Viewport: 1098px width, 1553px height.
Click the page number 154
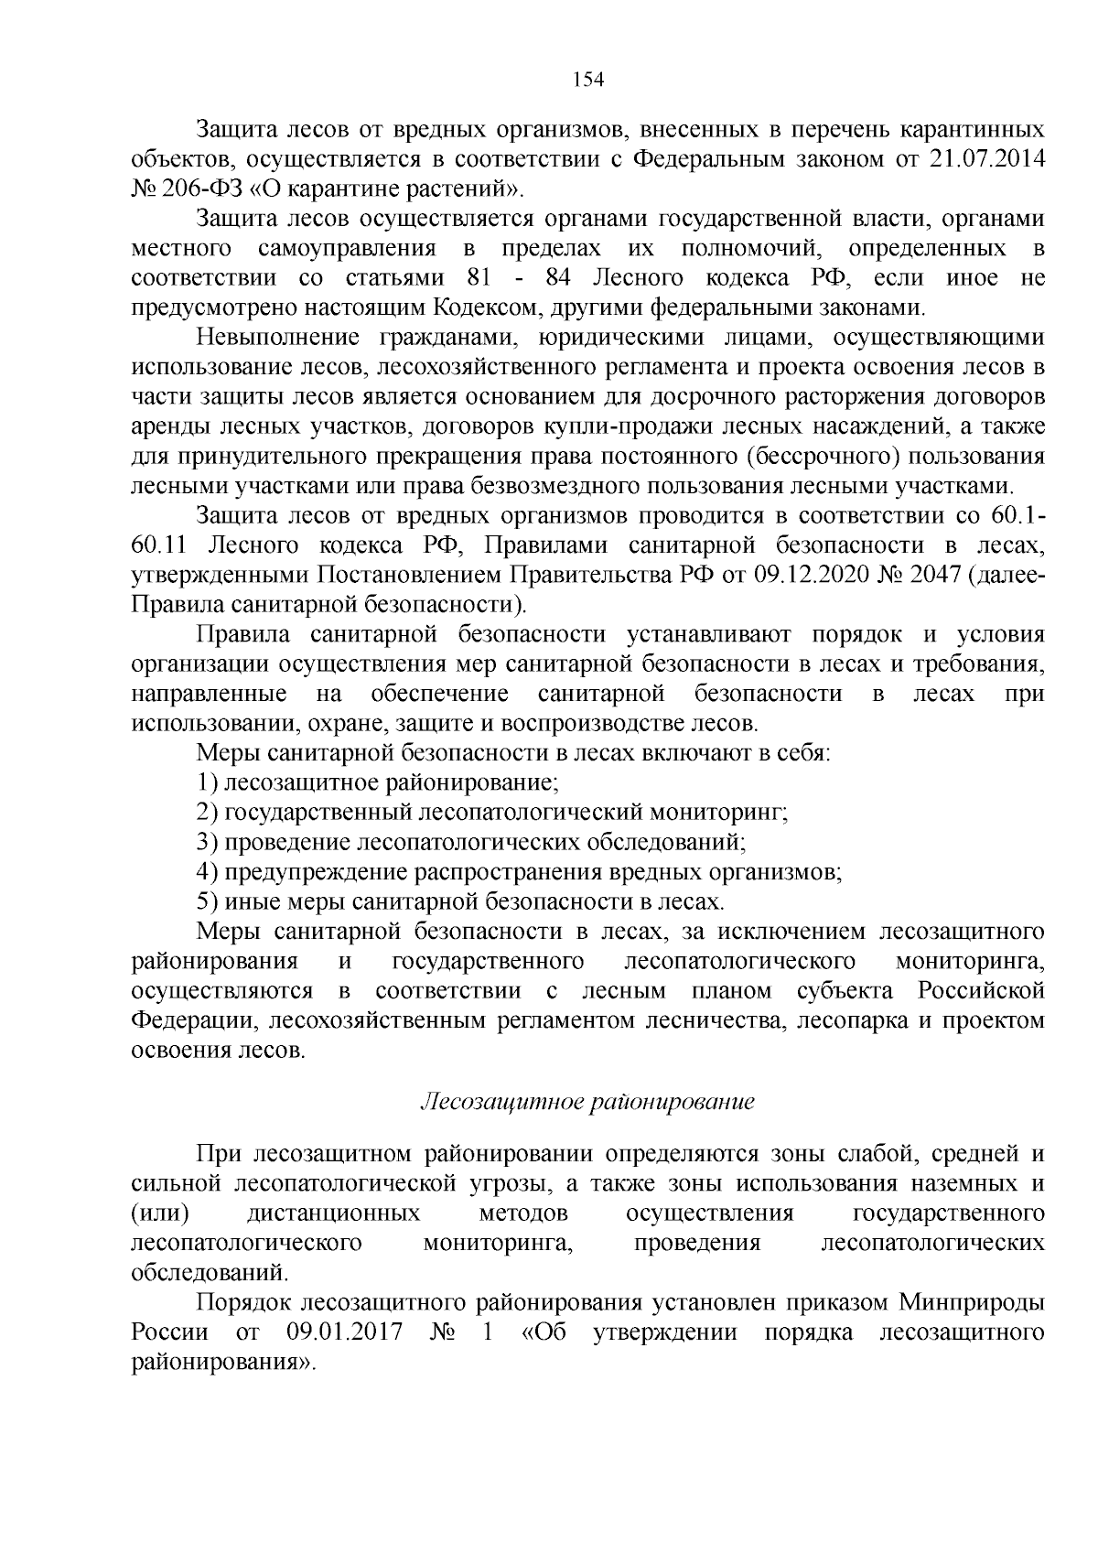[x=588, y=80]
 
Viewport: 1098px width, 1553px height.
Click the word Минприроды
[x=972, y=1302]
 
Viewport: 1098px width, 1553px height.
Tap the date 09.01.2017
[x=345, y=1332]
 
